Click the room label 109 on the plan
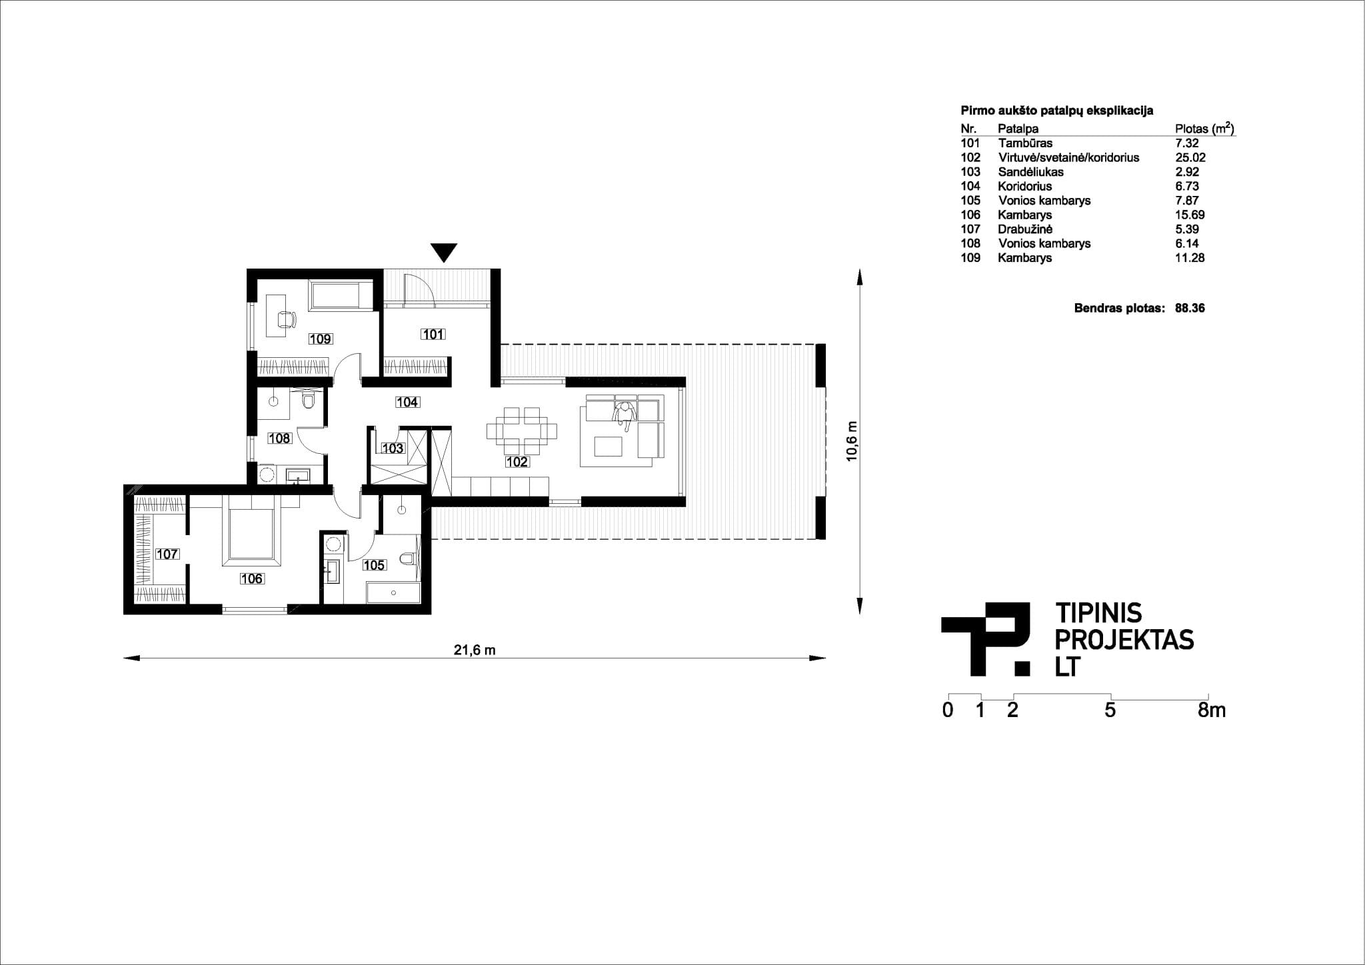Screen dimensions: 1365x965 click(321, 339)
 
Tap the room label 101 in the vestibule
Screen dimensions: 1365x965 click(433, 334)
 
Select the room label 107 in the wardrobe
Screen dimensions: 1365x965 click(167, 554)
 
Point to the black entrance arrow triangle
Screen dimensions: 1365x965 click(444, 253)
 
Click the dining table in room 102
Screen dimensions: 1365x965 click(522, 432)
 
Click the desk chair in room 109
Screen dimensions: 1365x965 click(287, 319)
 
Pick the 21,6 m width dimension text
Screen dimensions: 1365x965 click(475, 650)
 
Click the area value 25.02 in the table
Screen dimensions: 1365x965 click(1190, 157)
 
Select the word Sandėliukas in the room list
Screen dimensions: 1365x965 click(1030, 172)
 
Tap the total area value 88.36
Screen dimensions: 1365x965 click(1190, 308)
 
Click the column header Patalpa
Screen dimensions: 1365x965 click(1018, 129)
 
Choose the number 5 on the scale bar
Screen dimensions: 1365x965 click(1110, 710)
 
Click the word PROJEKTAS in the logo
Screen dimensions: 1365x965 click(1125, 640)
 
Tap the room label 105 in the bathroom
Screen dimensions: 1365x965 click(374, 565)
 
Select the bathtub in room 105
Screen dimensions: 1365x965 click(393, 592)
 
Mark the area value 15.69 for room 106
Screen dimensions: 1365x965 click(1190, 215)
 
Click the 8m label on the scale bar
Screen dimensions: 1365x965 click(1212, 710)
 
